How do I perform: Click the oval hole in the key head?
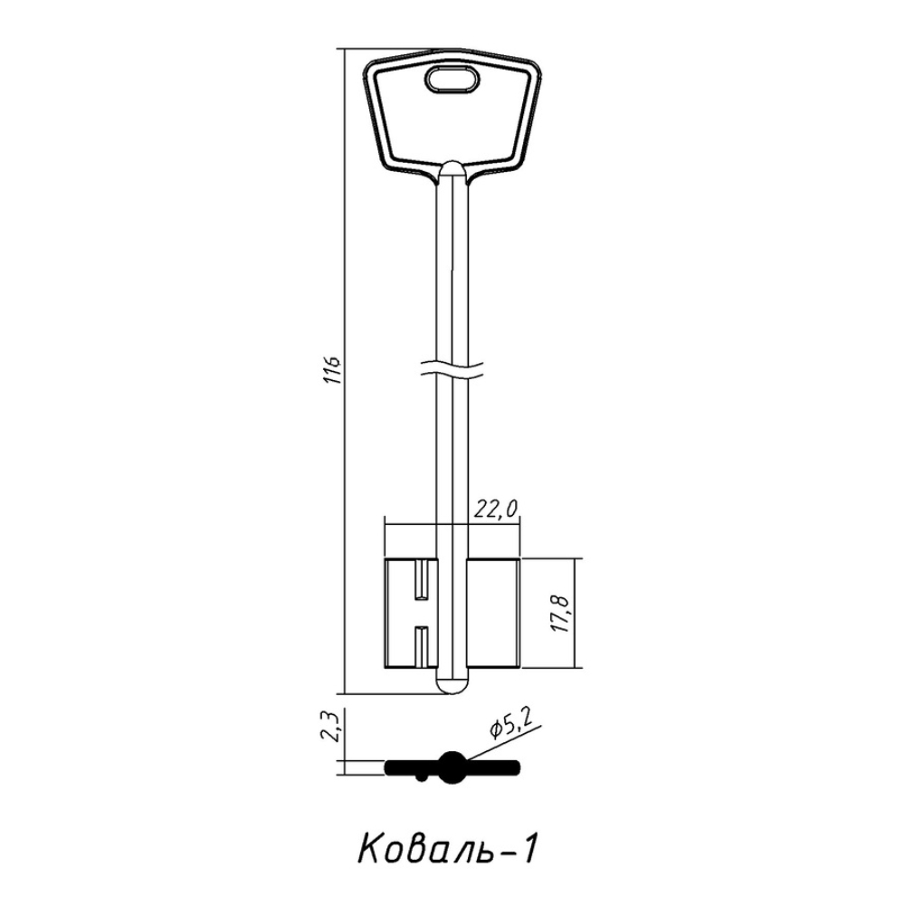click(x=452, y=81)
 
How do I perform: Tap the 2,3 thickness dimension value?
click(x=332, y=727)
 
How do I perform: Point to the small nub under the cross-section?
click(x=424, y=776)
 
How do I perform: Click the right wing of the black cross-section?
click(x=493, y=767)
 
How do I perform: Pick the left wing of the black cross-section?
click(x=409, y=767)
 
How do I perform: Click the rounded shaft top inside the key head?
click(x=452, y=170)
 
